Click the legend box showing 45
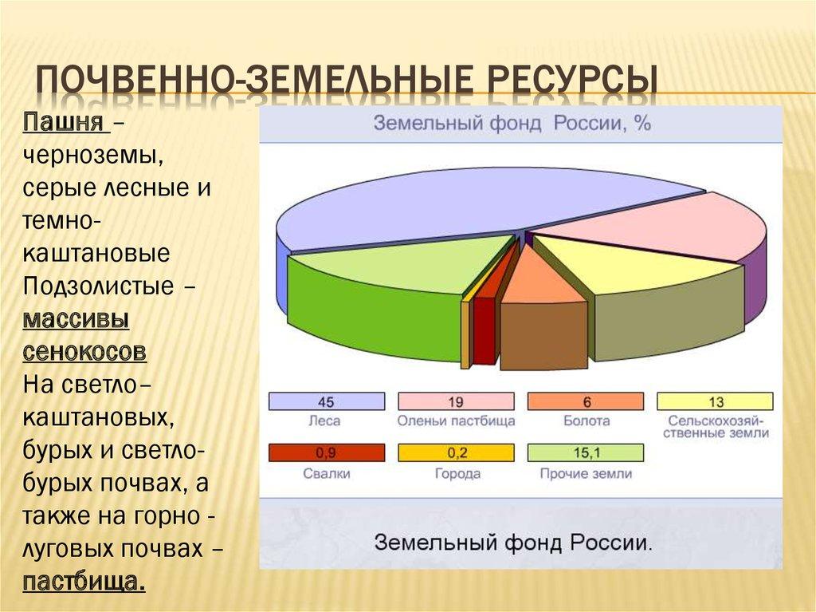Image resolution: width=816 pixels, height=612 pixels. [326, 401]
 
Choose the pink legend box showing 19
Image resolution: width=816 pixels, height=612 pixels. [456, 401]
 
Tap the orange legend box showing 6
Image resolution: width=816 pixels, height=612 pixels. [585, 401]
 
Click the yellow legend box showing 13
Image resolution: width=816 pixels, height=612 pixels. [715, 401]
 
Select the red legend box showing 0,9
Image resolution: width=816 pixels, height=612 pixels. [326, 453]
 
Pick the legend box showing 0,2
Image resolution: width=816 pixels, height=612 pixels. [456, 453]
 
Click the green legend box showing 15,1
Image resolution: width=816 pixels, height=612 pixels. [585, 453]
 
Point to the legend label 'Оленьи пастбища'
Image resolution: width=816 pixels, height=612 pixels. [456, 421]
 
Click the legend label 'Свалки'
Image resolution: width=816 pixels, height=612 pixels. [326, 473]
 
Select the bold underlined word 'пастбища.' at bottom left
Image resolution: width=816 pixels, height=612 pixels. [84, 580]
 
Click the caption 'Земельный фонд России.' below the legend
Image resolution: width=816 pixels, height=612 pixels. [512, 542]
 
